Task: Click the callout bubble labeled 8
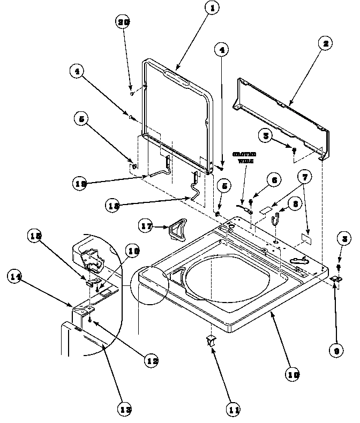click(x=294, y=204)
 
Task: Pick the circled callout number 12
click(x=151, y=360)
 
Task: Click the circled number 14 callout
click(x=16, y=277)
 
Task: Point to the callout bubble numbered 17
click(x=146, y=226)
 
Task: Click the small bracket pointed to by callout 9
click(x=335, y=278)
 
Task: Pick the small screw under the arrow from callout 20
click(x=132, y=93)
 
